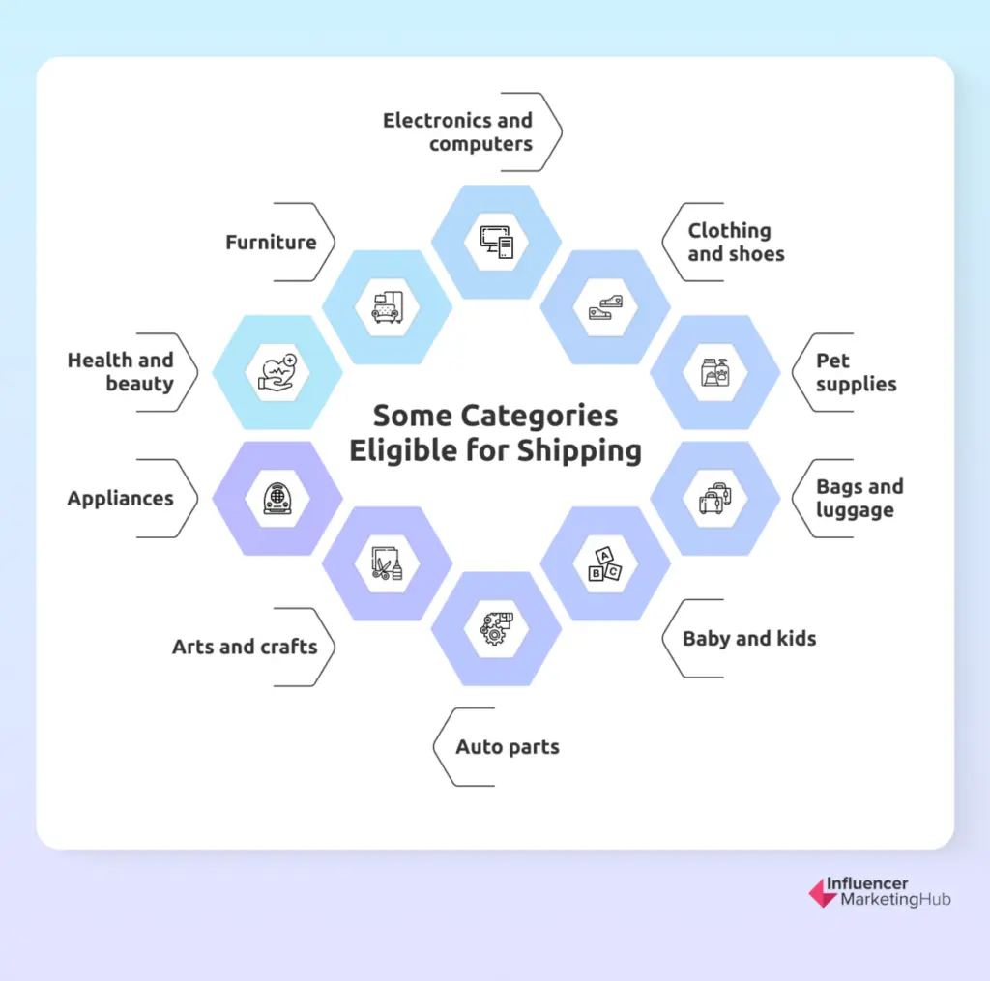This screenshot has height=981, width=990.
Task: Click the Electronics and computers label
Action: click(457, 132)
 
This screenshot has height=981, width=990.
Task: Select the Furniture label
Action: click(271, 243)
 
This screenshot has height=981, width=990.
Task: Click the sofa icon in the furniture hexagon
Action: click(387, 307)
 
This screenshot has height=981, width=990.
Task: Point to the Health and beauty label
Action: click(121, 372)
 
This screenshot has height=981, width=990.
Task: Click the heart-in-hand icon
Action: click(277, 372)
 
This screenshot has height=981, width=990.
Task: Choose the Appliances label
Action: click(121, 499)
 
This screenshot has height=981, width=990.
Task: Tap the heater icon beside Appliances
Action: click(277, 499)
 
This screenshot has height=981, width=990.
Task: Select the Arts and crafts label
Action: click(245, 647)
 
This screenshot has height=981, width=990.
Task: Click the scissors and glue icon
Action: click(387, 563)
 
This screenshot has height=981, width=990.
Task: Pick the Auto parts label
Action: click(508, 747)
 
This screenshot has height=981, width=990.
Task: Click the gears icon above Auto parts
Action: click(497, 628)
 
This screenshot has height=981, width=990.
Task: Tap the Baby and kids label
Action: click(749, 639)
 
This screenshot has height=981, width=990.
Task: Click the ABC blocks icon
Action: click(605, 563)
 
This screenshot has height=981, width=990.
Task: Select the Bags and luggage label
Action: click(859, 499)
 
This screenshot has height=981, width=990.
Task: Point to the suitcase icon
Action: click(715, 499)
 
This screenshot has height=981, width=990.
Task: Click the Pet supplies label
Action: click(856, 372)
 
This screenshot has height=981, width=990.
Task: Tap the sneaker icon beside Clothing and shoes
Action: click(605, 307)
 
